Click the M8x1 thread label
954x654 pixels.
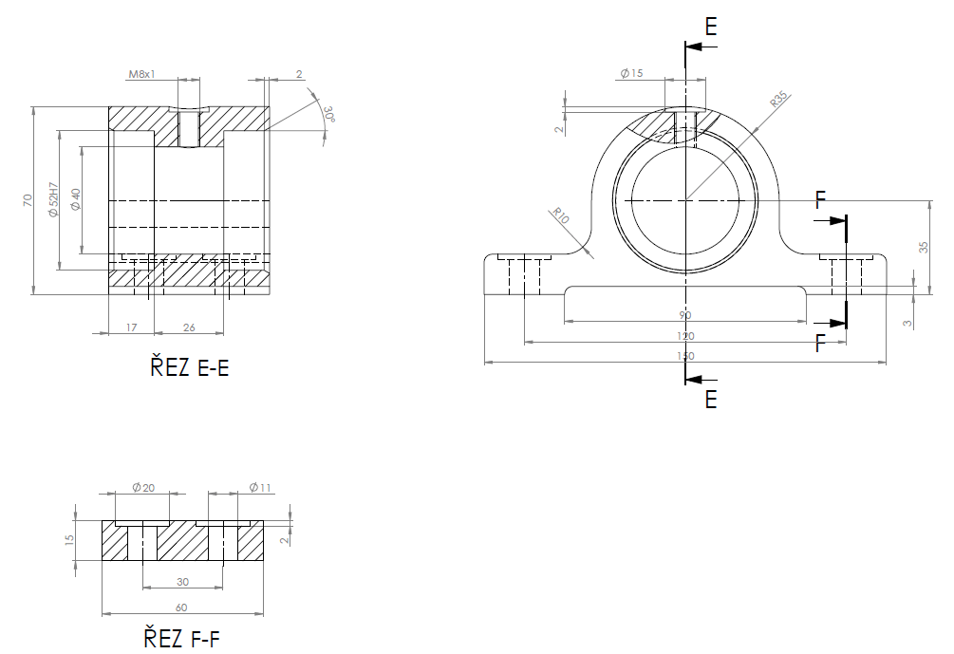pos(141,73)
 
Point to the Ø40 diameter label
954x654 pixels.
pos(75,199)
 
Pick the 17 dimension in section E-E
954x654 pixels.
pos(131,327)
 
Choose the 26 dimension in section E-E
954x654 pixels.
pos(189,327)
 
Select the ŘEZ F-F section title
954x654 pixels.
pos(181,637)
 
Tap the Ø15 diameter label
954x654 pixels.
pos(631,73)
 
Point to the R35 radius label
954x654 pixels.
pos(780,101)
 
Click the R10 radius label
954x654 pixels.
pos(560,215)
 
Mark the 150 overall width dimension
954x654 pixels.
pos(685,356)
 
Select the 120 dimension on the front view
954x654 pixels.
pos(685,336)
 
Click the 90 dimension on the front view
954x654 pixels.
pos(685,315)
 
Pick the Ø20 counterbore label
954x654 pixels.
pos(142,488)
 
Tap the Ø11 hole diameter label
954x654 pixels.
pos(260,488)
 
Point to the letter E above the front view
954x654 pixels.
pos(710,27)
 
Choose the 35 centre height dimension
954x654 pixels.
pos(924,247)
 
